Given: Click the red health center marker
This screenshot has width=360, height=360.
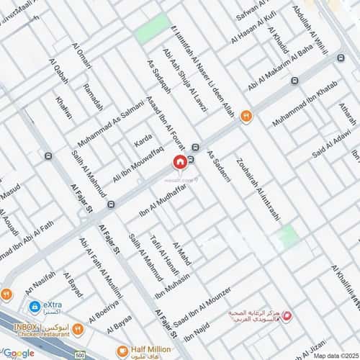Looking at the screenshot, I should coord(287,315).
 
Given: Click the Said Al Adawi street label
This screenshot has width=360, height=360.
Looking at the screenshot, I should coord(332,146).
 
